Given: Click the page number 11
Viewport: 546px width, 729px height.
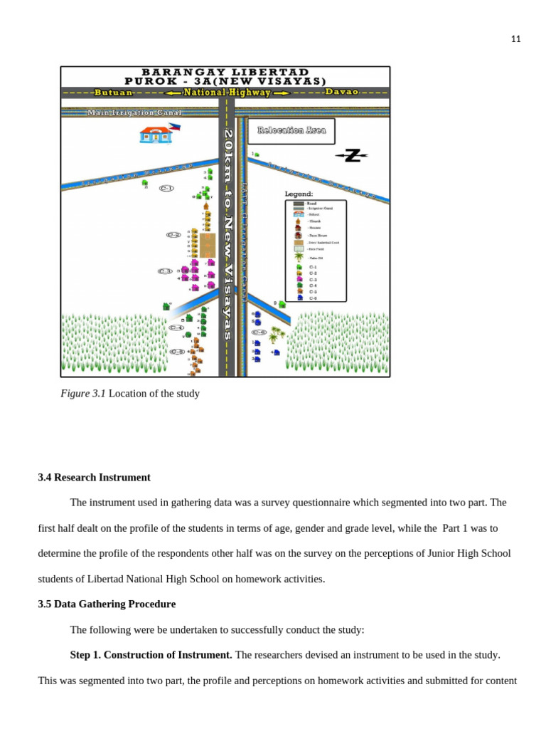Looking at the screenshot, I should click(x=515, y=39).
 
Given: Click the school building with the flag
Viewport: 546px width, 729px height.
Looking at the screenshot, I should click(x=156, y=135).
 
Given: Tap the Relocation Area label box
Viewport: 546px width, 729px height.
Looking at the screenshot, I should click(x=291, y=130).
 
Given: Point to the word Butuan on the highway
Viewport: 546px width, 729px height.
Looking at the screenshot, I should click(x=114, y=93).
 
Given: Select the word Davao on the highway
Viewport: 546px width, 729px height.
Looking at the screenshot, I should click(x=342, y=92).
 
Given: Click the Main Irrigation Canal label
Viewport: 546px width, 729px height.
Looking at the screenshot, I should click(x=134, y=112).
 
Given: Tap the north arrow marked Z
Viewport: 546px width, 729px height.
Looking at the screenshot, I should click(x=352, y=156).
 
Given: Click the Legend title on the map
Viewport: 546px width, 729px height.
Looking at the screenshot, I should click(x=299, y=194).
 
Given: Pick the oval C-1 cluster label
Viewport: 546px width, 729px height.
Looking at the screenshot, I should click(x=167, y=188).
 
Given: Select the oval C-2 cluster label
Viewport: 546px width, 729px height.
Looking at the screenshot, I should click(x=173, y=234).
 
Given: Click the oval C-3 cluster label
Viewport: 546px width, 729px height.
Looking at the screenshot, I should click(x=165, y=271).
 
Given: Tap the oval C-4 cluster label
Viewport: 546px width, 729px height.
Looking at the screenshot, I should click(x=176, y=327).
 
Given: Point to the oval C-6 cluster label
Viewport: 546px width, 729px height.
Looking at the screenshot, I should click(x=259, y=332).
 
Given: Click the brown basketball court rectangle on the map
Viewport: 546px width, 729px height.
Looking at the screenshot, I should click(x=208, y=245).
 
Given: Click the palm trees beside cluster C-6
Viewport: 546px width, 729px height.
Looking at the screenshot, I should click(x=277, y=333).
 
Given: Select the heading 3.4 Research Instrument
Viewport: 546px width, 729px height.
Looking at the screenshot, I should click(x=94, y=478).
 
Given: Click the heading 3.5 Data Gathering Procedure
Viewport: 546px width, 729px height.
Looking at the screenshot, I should click(x=107, y=604).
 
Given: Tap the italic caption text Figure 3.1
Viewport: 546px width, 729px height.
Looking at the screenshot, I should click(x=83, y=394).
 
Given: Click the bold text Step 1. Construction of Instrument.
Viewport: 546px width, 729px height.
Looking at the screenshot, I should click(x=151, y=655).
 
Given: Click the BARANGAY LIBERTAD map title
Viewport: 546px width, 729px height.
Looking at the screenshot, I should click(x=225, y=72).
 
